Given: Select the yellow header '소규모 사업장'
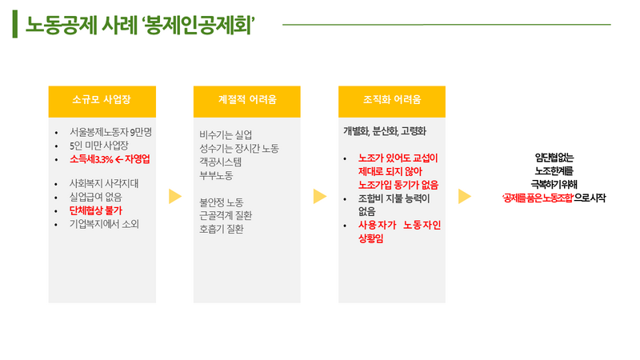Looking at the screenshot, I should [x=101, y=101].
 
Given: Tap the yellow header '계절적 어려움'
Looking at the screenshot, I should [x=247, y=101].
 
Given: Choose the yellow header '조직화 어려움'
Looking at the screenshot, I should [x=392, y=101].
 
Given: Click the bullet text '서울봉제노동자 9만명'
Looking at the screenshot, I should [x=116, y=131].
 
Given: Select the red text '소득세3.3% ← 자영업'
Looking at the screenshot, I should [x=110, y=158].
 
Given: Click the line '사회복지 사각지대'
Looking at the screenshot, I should [x=105, y=183].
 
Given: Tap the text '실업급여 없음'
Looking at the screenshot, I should [x=96, y=197].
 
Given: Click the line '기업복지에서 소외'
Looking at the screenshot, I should [x=105, y=224].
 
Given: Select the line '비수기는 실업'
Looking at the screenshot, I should [x=226, y=134].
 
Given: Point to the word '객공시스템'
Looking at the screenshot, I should [x=221, y=161].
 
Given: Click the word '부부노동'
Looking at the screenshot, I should [x=216, y=174].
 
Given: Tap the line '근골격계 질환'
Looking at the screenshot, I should [x=227, y=215].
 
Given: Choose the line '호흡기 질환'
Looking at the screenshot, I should [x=222, y=229].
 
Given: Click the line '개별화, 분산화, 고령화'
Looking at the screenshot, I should [x=385, y=130].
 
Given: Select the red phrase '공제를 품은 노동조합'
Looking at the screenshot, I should [x=537, y=197].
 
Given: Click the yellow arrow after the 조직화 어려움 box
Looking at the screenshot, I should [x=464, y=197].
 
